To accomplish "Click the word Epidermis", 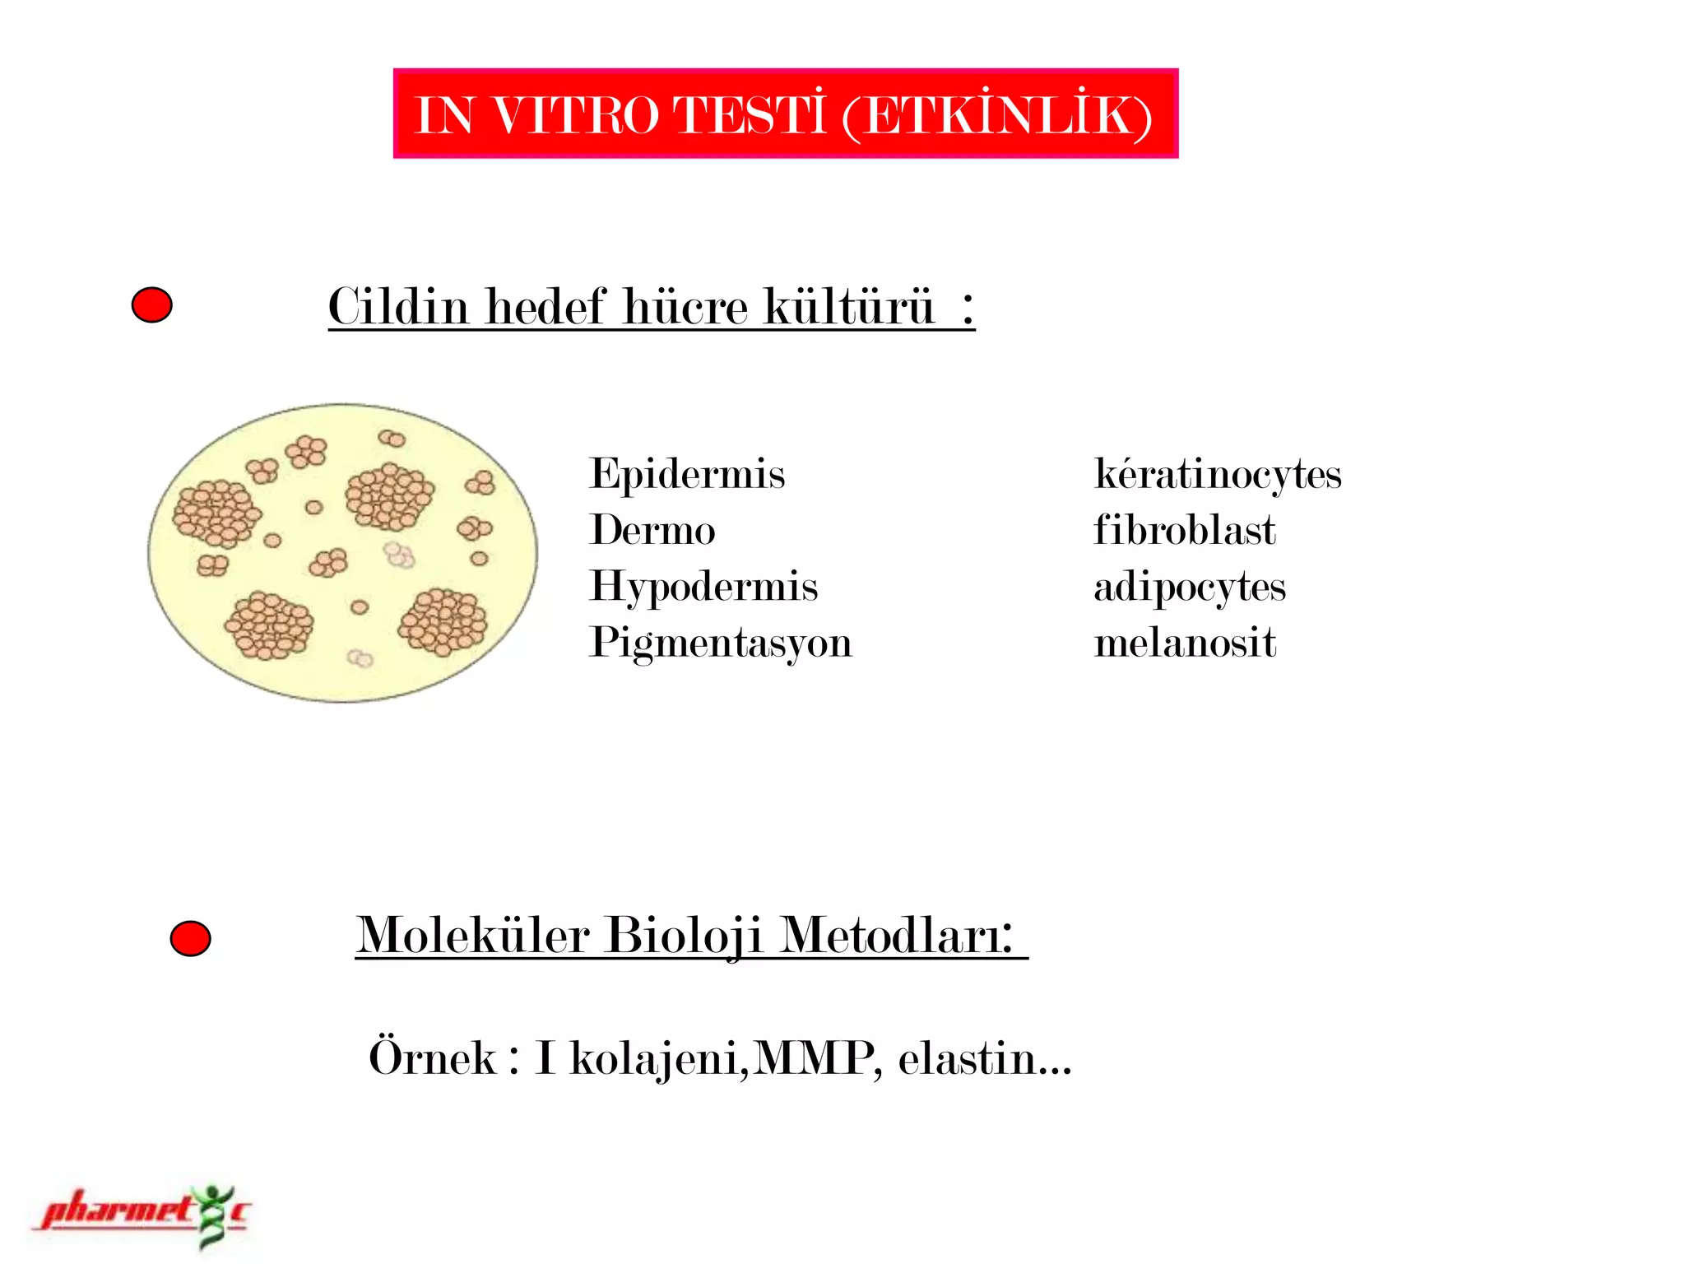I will coord(687,475).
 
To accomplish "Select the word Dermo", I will coord(652,531).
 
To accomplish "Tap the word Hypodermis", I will coord(703,588).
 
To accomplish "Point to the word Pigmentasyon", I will coord(721,644).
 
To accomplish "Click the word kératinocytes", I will coord(1218,475).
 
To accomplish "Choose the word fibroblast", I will coord(1184,531).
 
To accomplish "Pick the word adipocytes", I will coord(1189,588).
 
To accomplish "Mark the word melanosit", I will coord(1185,644).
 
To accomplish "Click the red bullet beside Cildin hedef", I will coord(152,305).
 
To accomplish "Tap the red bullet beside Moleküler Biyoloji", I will coord(190,939).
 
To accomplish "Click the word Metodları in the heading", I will coord(896,936).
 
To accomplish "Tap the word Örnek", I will coord(432,1058).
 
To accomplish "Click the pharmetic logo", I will coord(140,1215).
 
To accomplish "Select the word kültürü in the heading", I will coord(849,307).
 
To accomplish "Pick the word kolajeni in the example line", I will coord(658,1059).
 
